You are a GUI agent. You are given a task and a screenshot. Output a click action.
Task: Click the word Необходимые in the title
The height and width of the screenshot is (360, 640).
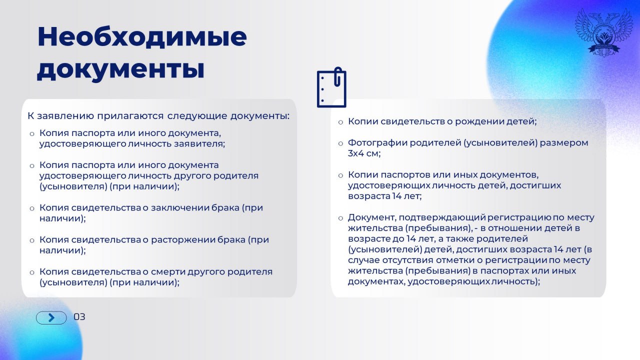(x=142, y=37)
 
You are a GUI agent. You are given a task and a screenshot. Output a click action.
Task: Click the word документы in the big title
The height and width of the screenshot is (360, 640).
(x=120, y=69)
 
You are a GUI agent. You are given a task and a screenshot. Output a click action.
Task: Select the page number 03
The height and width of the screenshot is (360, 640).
(x=79, y=317)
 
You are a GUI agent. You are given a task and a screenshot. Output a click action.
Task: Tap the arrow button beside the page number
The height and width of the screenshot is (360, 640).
(x=51, y=317)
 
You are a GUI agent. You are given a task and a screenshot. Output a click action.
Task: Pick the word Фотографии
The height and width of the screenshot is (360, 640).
(x=377, y=143)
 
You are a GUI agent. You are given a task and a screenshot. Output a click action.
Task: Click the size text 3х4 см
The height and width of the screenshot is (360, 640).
(x=364, y=154)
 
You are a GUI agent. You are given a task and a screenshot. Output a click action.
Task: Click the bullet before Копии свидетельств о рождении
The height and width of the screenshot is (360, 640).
(x=340, y=122)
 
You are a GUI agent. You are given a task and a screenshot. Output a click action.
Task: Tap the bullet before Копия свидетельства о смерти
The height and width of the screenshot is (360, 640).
(x=32, y=272)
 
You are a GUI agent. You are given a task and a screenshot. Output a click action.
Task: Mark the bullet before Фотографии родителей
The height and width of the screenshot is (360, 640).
(x=340, y=143)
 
